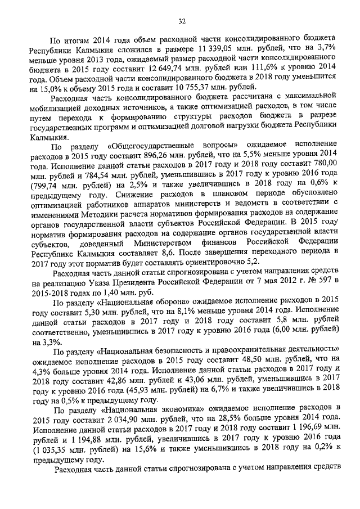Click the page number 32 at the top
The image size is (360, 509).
click(x=182, y=21)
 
